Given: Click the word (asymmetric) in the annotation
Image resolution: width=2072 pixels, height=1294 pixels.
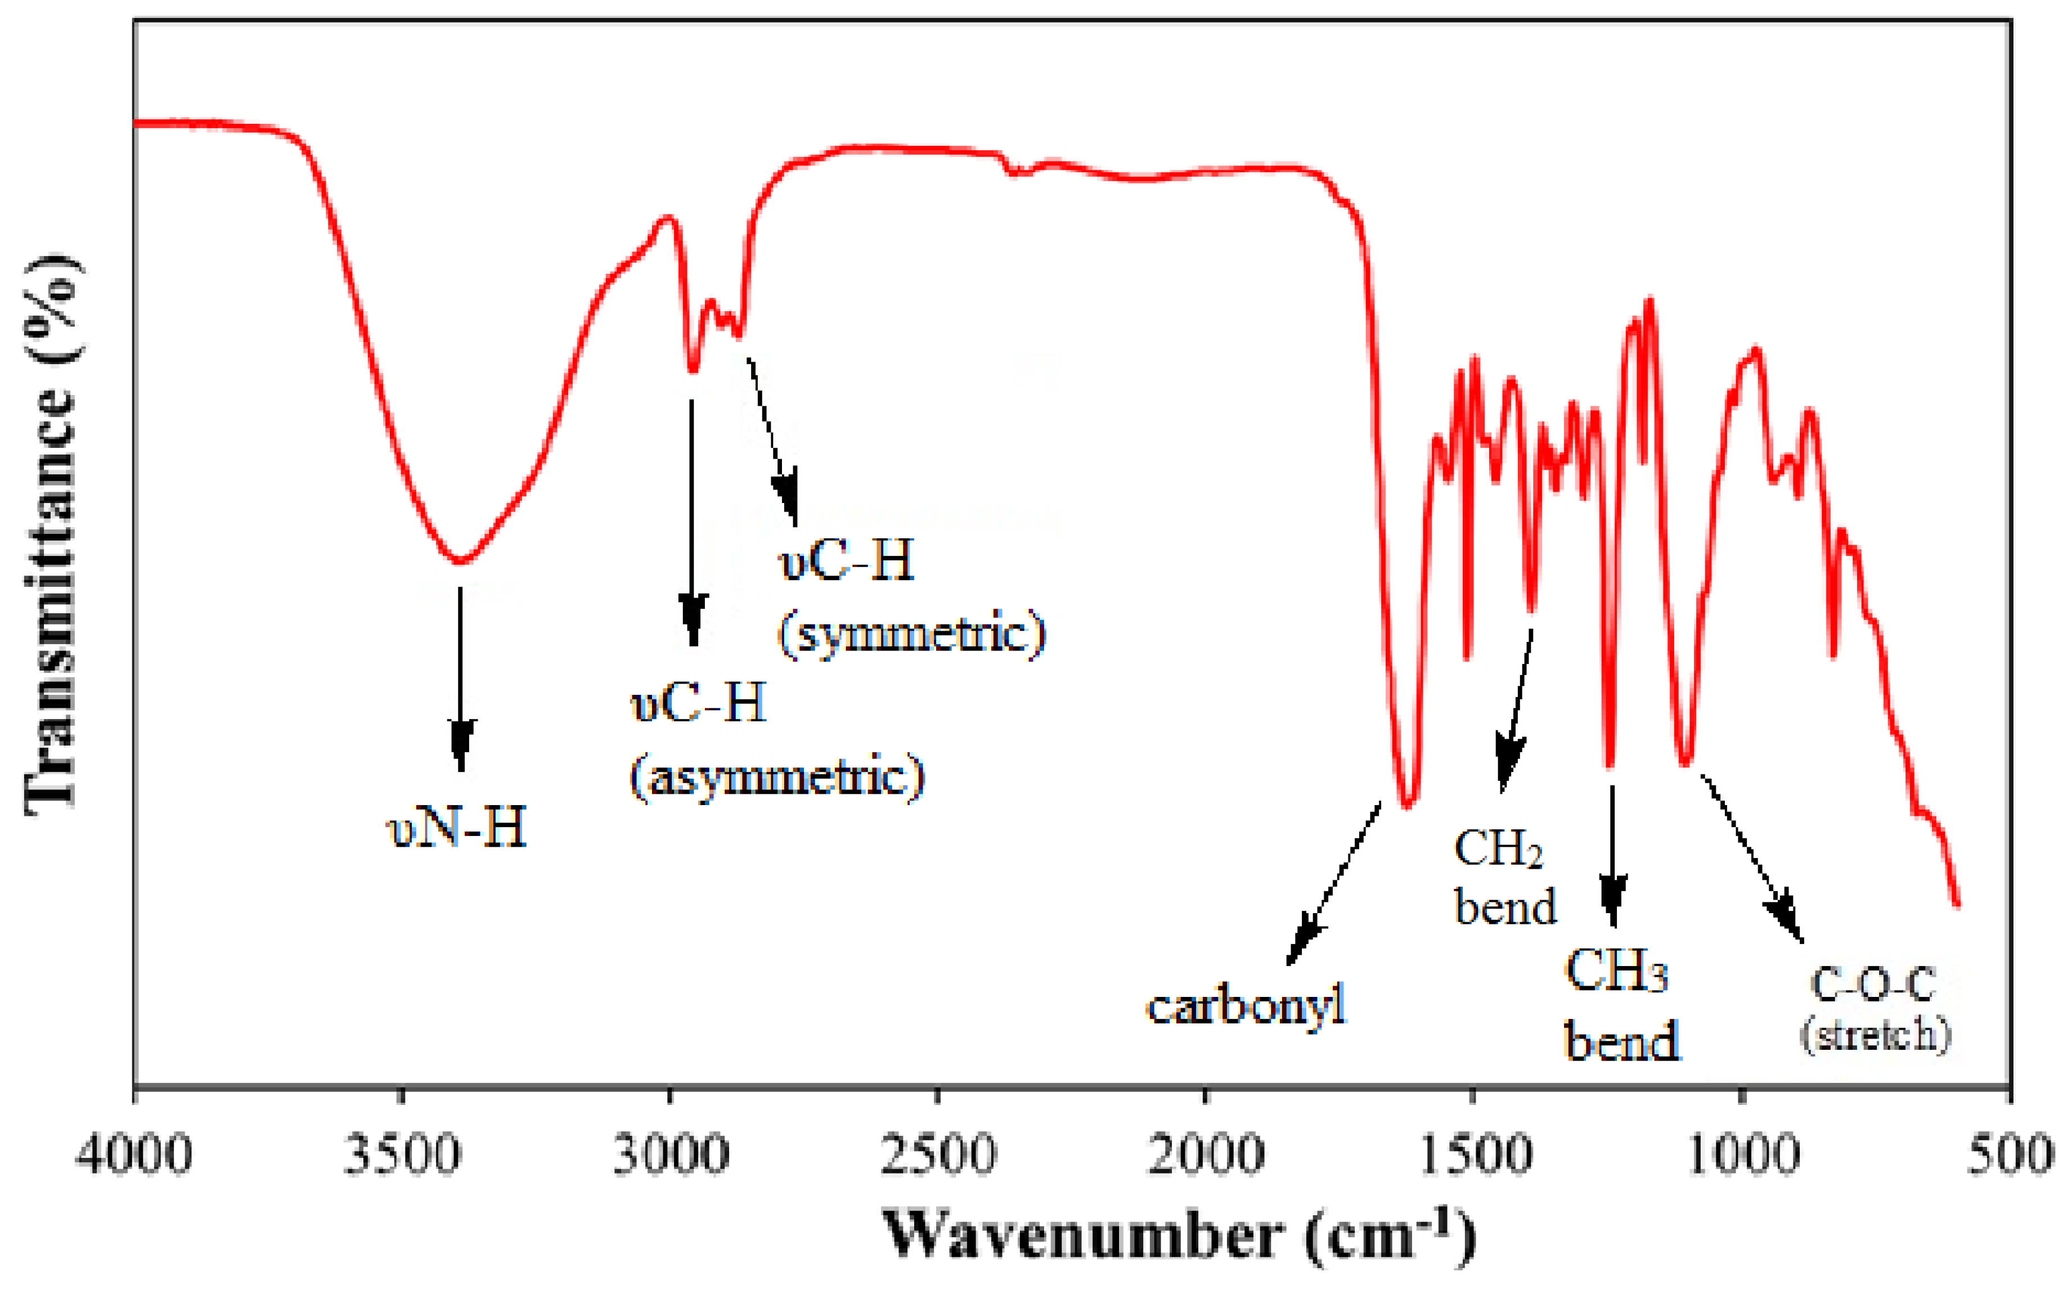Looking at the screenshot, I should (x=777, y=777).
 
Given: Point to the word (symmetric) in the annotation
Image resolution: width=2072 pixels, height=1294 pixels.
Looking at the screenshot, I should (x=911, y=634).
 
